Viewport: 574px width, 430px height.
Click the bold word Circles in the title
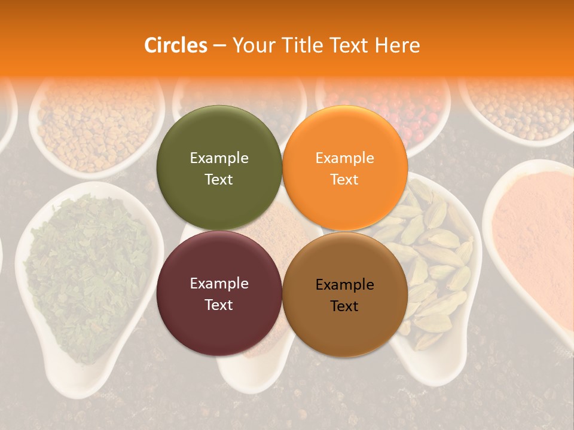point(175,45)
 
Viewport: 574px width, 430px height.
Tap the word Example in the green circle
point(219,158)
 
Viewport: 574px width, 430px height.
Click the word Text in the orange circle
point(344,180)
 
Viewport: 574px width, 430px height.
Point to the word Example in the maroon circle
point(219,284)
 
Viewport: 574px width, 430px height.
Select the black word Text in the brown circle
point(344,306)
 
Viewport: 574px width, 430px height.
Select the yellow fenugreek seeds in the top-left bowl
point(90,125)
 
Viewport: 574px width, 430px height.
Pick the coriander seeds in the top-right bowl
point(520,107)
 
